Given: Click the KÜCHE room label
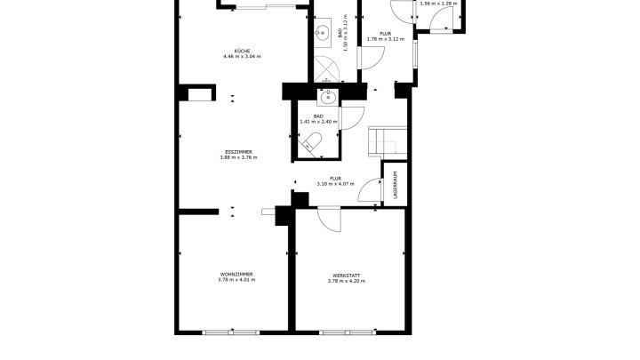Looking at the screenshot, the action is (242, 51).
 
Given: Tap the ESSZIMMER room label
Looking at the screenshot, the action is (238, 152).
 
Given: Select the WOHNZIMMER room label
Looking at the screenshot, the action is (236, 275).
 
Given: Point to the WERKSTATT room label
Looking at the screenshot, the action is (346, 276).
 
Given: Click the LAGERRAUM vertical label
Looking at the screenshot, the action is (395, 185).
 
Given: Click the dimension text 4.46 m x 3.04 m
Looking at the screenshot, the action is (242, 56).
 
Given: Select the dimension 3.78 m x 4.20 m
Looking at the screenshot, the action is (346, 281).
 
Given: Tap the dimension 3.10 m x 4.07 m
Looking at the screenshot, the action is (335, 184).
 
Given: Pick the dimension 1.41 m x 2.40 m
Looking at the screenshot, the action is (318, 122).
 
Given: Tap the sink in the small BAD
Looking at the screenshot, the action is (328, 97).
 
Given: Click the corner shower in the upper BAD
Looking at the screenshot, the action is (326, 69).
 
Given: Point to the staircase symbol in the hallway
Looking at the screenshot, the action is (388, 142).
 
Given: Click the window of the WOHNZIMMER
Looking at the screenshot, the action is (231, 332).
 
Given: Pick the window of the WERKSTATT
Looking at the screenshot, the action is (348, 332).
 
